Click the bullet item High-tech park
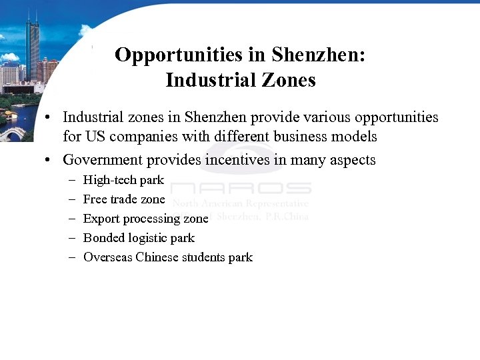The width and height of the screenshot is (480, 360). [123, 180]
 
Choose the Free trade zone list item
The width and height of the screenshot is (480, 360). [124, 199]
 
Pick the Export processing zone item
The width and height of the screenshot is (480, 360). [145, 219]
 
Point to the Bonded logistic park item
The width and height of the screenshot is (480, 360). [139, 238]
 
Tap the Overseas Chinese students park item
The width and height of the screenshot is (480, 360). [168, 257]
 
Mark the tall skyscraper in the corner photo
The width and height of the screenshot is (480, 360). [32, 50]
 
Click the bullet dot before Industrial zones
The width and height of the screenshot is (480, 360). [49, 118]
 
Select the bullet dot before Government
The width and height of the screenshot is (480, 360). [49, 161]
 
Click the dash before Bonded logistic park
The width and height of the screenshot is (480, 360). [72, 238]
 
